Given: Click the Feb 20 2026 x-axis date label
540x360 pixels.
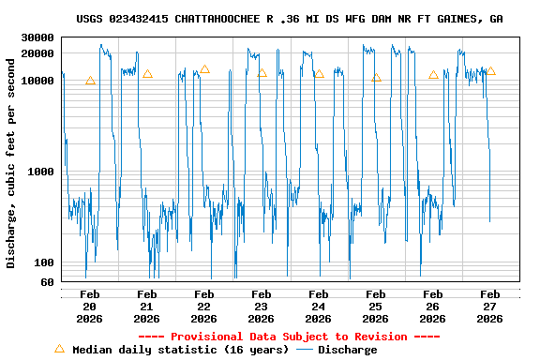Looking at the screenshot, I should point(90,307).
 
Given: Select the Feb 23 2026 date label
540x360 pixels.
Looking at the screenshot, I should point(262,307).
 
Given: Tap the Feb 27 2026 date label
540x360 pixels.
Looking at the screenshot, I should point(490,307).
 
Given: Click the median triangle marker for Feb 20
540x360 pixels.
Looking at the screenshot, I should point(90,81).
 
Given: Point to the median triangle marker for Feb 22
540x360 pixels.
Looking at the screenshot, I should point(204,69).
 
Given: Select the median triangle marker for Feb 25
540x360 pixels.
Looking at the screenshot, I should point(376,78).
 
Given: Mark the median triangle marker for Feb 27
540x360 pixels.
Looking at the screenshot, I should point(490,71).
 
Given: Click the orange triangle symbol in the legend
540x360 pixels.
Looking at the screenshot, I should point(60,349).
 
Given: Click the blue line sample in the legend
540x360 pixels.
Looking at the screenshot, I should point(305,350).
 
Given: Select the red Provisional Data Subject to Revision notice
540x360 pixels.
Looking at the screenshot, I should point(289,337).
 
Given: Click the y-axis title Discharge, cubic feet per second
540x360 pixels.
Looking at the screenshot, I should point(11,163).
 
